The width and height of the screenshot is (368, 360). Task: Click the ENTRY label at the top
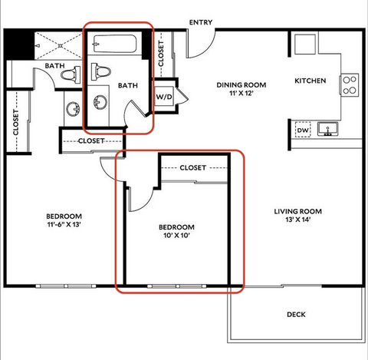(202, 22)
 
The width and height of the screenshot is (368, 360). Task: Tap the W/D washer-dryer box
(164, 97)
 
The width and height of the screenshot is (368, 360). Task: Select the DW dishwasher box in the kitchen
(304, 131)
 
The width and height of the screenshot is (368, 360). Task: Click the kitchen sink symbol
(329, 128)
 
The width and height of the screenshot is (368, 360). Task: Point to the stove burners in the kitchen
(350, 84)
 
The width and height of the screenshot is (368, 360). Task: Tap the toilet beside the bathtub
(99, 71)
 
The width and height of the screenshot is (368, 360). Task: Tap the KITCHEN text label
(310, 81)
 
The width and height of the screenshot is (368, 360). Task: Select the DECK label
(296, 314)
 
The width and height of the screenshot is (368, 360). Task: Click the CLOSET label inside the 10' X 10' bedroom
(193, 167)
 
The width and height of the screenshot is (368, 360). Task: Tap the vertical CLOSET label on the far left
(16, 121)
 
